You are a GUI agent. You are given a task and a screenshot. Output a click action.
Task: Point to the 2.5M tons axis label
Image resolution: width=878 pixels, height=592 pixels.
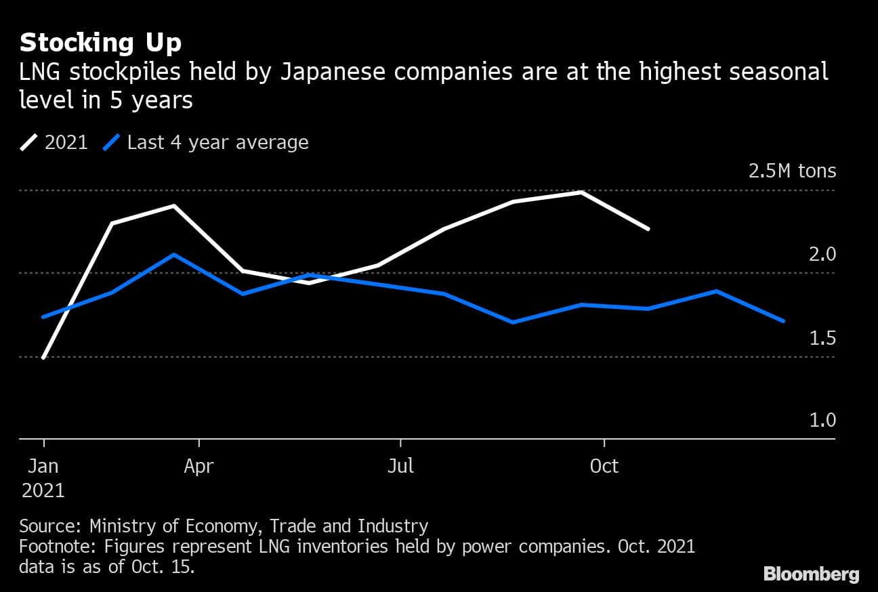tap(792, 171)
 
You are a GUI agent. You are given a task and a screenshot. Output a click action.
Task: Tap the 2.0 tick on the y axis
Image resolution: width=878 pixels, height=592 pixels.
tap(822, 255)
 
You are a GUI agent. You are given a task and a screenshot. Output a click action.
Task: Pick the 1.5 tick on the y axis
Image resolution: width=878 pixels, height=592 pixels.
tap(822, 338)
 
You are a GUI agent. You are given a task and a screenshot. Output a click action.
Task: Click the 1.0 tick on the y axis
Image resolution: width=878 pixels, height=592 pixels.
tap(822, 421)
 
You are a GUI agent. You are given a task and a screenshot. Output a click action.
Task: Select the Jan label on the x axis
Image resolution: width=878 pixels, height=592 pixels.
tap(43, 467)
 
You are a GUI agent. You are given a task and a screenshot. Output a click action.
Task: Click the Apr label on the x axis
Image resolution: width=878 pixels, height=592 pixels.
tap(198, 467)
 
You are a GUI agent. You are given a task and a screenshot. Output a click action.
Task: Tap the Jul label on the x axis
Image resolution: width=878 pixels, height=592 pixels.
tap(400, 467)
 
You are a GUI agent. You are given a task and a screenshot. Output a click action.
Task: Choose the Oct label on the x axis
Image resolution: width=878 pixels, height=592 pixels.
tap(604, 467)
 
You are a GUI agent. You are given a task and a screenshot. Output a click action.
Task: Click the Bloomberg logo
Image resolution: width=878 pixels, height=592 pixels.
tap(811, 574)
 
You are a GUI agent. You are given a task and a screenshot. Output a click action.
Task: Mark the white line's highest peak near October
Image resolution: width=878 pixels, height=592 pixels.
tap(581, 192)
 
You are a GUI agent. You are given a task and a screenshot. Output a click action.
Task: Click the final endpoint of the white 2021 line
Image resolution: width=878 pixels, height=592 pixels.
tap(648, 229)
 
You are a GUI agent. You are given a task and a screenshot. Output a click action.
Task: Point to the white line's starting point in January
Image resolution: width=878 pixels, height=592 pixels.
tap(43, 358)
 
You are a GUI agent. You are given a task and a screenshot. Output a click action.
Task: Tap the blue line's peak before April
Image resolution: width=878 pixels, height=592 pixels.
tap(174, 255)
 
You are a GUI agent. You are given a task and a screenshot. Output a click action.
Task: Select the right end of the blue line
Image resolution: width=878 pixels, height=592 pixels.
tap(784, 320)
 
